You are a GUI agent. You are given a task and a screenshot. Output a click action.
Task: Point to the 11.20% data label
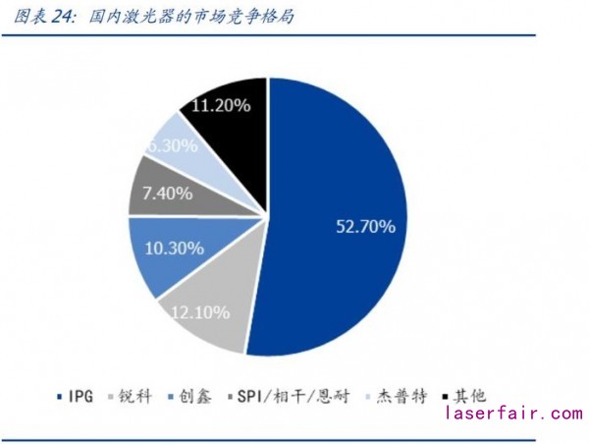[x=225, y=105]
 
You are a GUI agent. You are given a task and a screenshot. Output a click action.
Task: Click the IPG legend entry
[x=74, y=396]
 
